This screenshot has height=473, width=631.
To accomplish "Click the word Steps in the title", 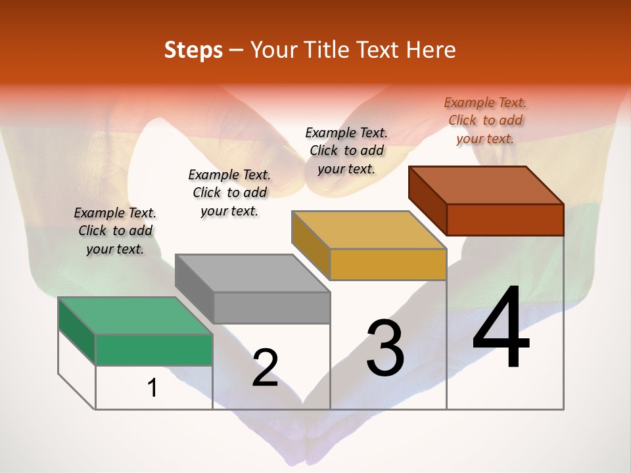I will pos(193,50).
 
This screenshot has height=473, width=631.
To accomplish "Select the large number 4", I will pos(501,328).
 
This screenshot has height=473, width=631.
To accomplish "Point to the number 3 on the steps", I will pos(385,348).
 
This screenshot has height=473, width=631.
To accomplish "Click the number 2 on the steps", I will pos(265,367).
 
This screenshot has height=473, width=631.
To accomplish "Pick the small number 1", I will pos(152,388).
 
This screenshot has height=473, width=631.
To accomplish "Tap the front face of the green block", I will pos(154,349).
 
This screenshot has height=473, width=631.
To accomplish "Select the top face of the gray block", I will pos(253,273).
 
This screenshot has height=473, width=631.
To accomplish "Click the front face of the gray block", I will pos(271,307).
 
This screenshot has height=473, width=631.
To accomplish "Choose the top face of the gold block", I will pos(369,230).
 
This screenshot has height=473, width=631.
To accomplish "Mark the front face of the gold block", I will pos(388,264).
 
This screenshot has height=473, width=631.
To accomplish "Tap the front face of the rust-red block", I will pos(505,219).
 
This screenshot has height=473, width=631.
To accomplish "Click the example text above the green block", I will pos(115,231).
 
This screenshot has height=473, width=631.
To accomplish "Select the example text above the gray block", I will pos(229,192).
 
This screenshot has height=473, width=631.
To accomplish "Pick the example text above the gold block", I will pos(346,150).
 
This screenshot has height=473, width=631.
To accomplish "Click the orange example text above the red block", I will pos(485,120).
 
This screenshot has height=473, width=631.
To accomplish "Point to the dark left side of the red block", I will pos(427,200).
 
